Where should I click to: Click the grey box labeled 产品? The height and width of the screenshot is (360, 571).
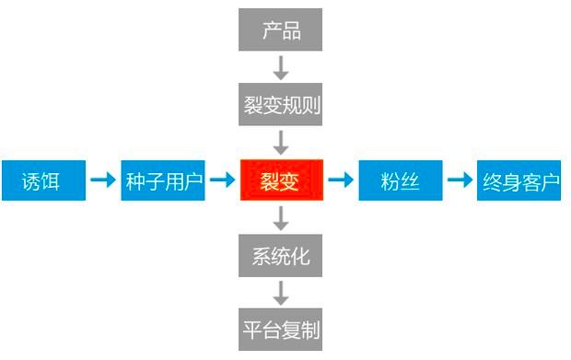[281, 30]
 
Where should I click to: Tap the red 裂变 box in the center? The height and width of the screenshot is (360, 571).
[281, 180]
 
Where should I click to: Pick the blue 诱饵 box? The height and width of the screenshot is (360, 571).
[42, 180]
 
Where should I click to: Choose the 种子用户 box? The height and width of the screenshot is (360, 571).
[162, 180]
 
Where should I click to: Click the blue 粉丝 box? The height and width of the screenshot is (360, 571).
[400, 180]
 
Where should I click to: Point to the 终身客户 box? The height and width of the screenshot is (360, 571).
[519, 180]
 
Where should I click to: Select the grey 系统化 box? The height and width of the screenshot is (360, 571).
[281, 255]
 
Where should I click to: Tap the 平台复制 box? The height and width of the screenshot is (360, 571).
[281, 330]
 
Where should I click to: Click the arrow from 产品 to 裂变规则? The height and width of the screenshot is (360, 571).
[281, 67]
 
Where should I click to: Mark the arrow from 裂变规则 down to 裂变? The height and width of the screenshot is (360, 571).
[281, 143]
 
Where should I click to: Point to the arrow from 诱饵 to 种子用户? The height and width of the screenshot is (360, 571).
[102, 180]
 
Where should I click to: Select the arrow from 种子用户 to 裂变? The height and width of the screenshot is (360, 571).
[221, 180]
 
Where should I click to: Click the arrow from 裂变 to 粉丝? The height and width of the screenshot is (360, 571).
[341, 180]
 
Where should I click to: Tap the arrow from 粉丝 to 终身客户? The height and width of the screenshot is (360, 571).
[460, 180]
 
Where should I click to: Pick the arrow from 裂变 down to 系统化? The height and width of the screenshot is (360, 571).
[281, 218]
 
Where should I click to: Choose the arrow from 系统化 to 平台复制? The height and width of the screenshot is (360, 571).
[281, 293]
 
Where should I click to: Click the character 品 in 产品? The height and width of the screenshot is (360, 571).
[292, 30]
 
